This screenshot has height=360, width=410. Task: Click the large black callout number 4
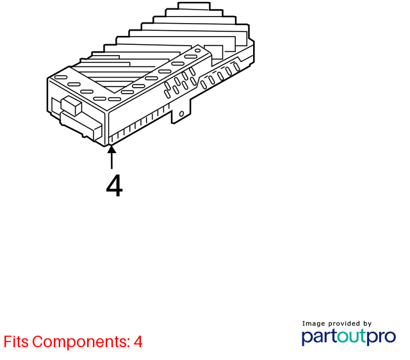(x=114, y=186)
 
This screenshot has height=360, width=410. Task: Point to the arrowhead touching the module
(x=111, y=149)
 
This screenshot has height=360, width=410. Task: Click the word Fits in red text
(x=16, y=341)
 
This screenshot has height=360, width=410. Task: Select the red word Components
(x=81, y=341)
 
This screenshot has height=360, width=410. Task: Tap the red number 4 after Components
(x=138, y=341)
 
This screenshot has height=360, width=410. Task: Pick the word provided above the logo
(x=344, y=323)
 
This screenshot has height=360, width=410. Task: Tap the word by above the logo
(x=367, y=324)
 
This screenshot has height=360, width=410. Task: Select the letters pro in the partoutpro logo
(x=381, y=338)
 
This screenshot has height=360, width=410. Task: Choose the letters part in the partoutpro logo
(x=319, y=337)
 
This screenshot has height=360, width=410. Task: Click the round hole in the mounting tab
(x=181, y=114)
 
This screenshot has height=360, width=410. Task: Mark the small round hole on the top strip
(x=198, y=51)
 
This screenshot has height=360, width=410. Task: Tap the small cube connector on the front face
(x=71, y=105)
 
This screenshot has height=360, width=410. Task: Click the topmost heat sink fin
(x=193, y=6)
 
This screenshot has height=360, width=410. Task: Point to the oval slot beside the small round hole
(x=191, y=56)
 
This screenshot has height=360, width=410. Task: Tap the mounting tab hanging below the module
(x=181, y=112)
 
